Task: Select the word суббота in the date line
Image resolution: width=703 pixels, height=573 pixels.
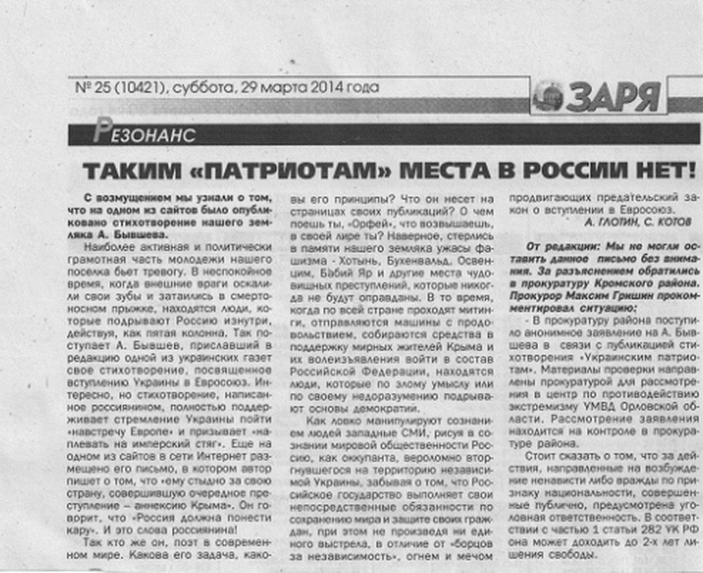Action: pyautogui.click(x=206, y=88)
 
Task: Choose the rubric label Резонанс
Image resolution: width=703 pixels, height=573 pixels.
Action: pyautogui.click(x=141, y=134)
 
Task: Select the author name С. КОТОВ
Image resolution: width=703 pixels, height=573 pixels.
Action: pyautogui.click(x=659, y=225)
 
